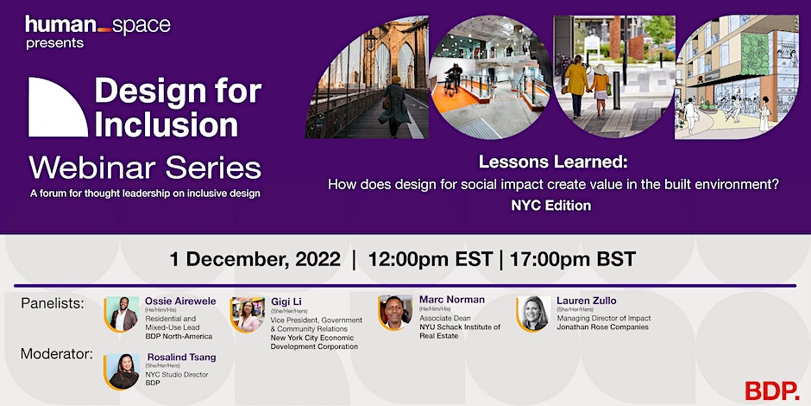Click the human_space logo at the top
coord(97,26)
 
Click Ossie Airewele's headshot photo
coord(123,314)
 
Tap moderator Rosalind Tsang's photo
coord(123,371)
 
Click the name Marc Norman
coord(452,300)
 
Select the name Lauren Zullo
coord(586,300)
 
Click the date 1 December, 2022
coord(255,259)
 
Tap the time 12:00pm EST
coord(430,259)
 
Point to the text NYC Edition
coord(550,206)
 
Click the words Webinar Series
coord(144,167)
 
